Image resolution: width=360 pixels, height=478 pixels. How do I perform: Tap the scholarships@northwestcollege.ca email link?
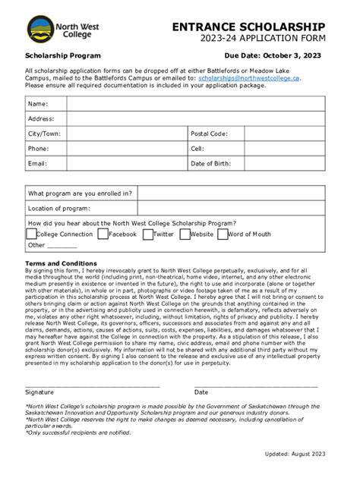249,78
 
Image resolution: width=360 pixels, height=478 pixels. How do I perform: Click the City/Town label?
44,134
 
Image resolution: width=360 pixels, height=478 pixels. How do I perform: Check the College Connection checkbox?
31,234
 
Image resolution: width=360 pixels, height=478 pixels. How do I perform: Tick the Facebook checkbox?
103,234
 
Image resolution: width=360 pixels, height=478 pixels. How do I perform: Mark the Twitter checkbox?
147,234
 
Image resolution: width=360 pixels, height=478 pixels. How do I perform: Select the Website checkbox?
185,234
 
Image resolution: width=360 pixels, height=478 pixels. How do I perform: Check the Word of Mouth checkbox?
223,234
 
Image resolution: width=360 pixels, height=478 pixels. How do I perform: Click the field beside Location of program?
231,208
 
